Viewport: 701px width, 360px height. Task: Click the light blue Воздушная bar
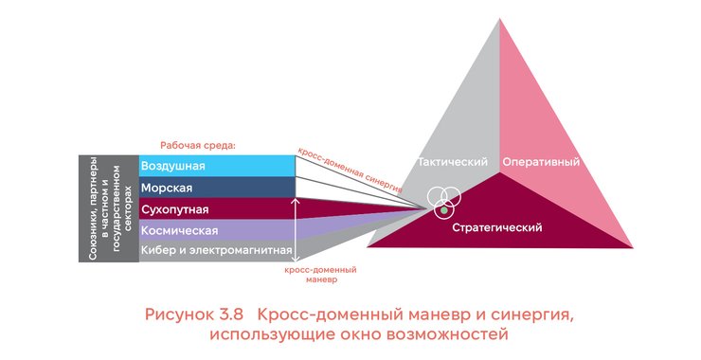[x=216, y=166]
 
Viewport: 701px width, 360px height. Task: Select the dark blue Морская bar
[x=216, y=187]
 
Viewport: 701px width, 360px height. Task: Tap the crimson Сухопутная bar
[x=216, y=208]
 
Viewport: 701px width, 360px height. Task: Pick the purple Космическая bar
[x=216, y=230]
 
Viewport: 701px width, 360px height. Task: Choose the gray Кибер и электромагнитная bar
[x=216, y=251]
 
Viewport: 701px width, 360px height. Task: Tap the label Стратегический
[x=496, y=227]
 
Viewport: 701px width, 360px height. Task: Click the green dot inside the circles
[x=446, y=207]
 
